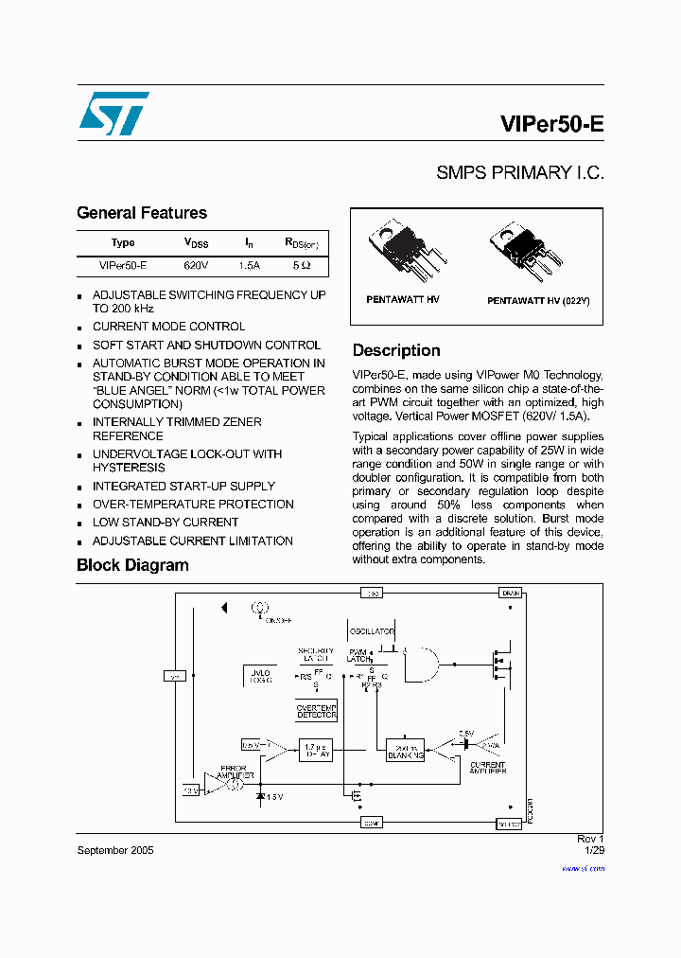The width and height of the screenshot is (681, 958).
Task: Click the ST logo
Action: click(113, 115)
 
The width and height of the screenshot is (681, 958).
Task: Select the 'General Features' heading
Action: click(141, 213)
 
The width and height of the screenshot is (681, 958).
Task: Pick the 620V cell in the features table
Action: click(196, 266)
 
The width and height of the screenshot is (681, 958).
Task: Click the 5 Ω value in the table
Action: click(301, 266)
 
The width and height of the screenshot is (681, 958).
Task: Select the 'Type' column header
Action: click(123, 243)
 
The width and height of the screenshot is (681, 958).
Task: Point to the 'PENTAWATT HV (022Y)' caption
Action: click(538, 300)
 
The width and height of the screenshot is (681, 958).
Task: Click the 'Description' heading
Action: click(396, 350)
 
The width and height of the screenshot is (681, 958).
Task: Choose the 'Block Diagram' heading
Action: click(132, 565)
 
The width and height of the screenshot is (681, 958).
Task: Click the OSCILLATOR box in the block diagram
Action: click(372, 630)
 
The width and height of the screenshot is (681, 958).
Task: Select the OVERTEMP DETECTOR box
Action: click(317, 711)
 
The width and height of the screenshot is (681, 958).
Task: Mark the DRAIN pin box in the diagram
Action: click(510, 593)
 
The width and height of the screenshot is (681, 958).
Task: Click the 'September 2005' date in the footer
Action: click(114, 850)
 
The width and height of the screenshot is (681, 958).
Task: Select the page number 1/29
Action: click(593, 850)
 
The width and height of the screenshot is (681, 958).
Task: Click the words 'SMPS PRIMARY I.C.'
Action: click(519, 173)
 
